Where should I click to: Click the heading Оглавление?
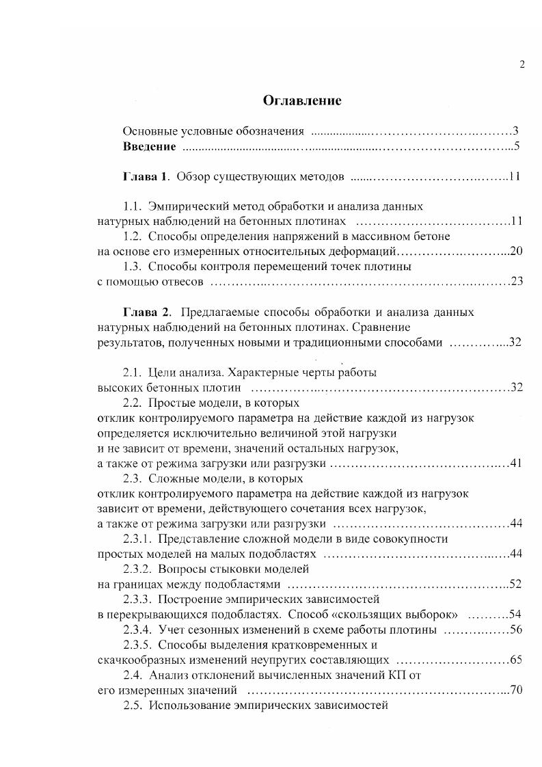(302, 100)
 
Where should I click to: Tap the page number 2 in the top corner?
(522, 65)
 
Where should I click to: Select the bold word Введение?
(149, 146)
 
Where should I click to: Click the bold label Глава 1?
(145, 176)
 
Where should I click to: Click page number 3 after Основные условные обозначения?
(517, 131)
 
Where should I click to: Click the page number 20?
(516, 252)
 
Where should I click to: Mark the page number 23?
(516, 282)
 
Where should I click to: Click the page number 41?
(516, 463)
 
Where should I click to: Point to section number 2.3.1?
(137, 539)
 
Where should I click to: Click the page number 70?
(516, 690)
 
